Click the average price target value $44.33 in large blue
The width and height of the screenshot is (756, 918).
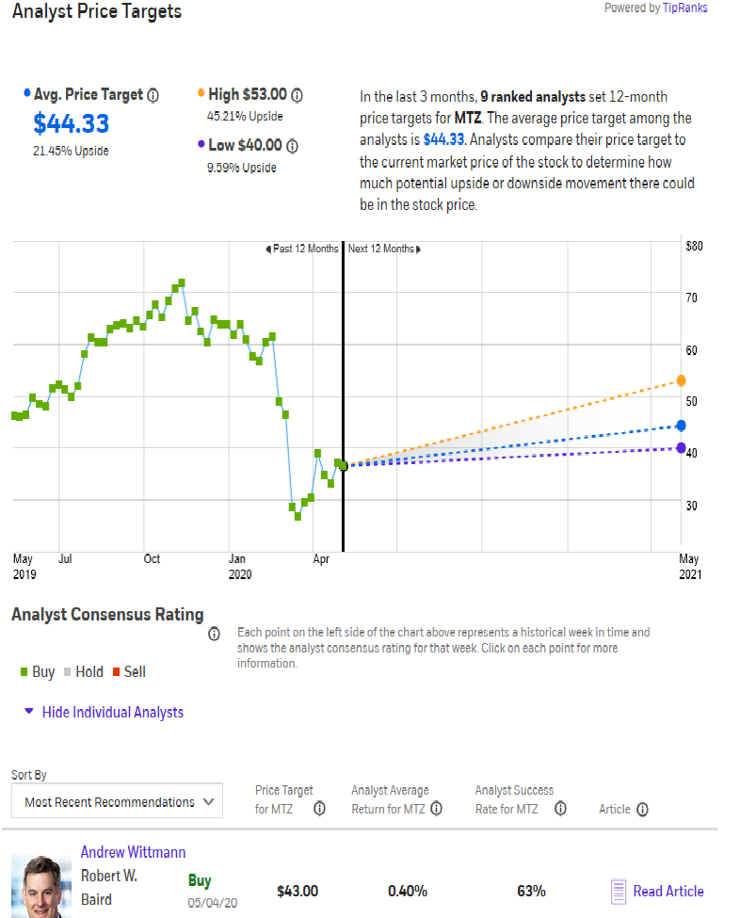(x=72, y=123)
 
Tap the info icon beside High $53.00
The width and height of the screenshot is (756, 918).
(x=297, y=95)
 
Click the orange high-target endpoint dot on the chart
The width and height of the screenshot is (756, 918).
(x=681, y=380)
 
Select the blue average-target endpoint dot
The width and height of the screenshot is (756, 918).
(x=681, y=426)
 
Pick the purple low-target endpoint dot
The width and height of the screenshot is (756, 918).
(x=681, y=447)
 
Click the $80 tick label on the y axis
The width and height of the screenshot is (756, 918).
(x=694, y=246)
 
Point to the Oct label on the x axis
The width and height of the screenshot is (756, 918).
(x=152, y=558)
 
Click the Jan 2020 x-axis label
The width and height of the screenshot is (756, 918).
(x=239, y=566)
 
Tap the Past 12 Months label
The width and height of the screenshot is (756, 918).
(x=303, y=250)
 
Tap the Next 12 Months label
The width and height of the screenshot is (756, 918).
(x=383, y=250)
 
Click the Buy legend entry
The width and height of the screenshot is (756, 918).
(x=38, y=672)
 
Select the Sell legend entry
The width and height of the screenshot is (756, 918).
(x=129, y=672)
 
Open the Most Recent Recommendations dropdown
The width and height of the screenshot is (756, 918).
(x=118, y=802)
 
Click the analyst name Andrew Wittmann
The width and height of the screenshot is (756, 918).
(x=133, y=852)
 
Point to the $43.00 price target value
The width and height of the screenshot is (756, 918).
(x=298, y=891)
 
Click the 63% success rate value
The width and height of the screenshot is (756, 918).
(x=531, y=891)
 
